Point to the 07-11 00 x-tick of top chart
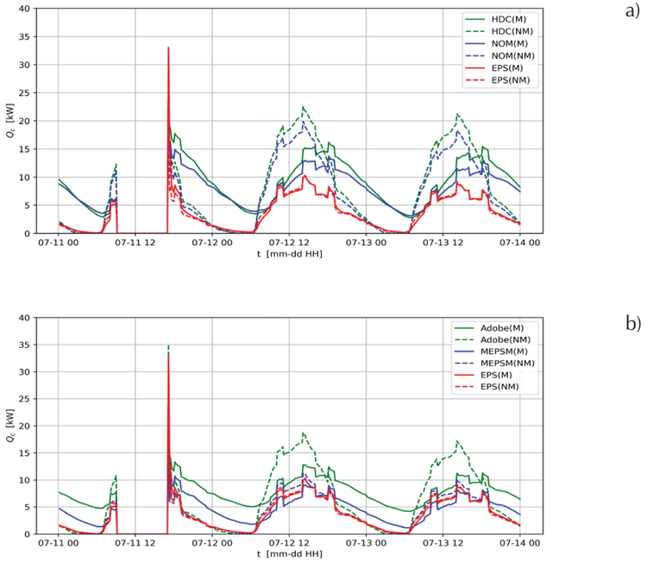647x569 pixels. [x=59, y=243]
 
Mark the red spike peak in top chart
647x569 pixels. [x=168, y=47]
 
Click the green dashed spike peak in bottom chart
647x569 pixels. [x=168, y=346]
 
